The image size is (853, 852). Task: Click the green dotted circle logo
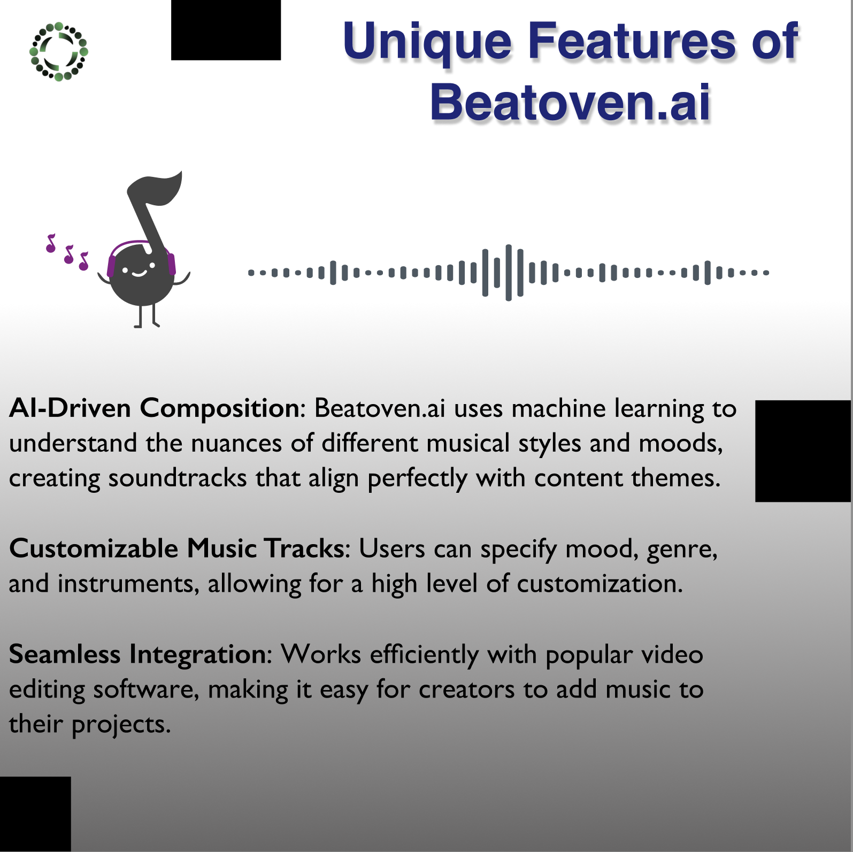click(x=58, y=51)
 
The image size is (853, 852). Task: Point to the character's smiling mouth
click(x=139, y=274)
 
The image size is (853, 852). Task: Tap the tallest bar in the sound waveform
click(x=509, y=273)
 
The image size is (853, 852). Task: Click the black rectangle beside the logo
click(x=226, y=30)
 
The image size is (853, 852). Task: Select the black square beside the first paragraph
click(x=803, y=451)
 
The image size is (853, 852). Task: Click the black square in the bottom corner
click(x=35, y=814)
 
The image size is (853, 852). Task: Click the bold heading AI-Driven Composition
click(x=154, y=409)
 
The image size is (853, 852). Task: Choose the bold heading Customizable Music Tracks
click(x=176, y=549)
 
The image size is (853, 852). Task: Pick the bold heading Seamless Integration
click(x=137, y=655)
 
